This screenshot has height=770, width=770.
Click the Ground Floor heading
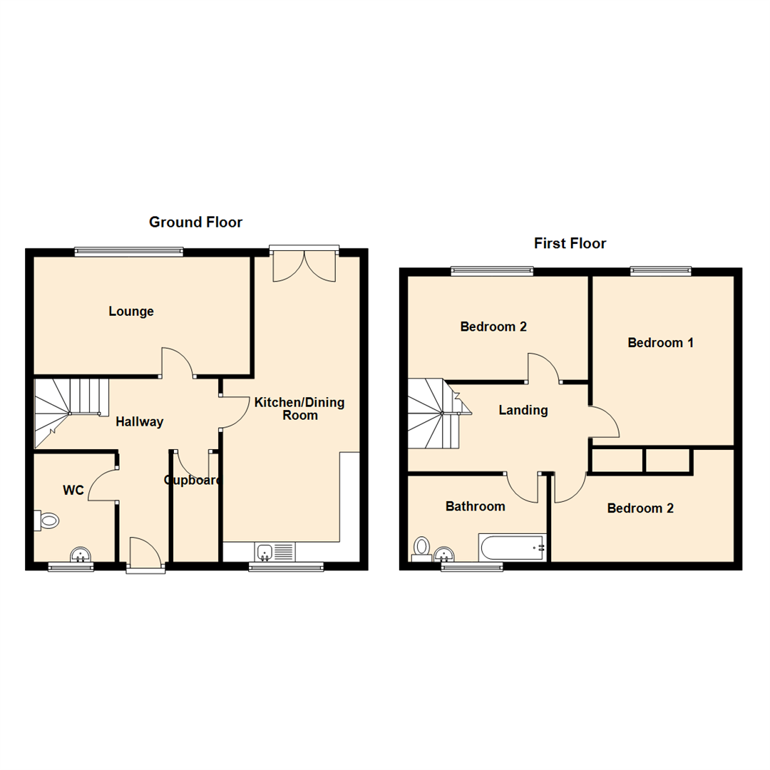[195, 222]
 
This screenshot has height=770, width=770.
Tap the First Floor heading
[570, 244]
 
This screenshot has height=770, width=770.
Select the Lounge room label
[131, 312]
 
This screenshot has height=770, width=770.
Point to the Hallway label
[140, 422]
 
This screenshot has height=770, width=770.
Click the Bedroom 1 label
[660, 343]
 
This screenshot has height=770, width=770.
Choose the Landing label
[523, 410]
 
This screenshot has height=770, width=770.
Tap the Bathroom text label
[475, 506]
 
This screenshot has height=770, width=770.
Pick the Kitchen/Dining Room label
[299, 409]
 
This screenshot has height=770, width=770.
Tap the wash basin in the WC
[81, 554]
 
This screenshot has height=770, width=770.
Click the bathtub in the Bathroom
[513, 548]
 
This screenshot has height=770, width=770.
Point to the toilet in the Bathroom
[421, 548]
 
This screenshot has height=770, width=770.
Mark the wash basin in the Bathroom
[446, 554]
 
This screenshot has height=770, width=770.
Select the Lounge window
[129, 250]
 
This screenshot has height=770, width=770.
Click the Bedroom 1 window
[660, 270]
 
